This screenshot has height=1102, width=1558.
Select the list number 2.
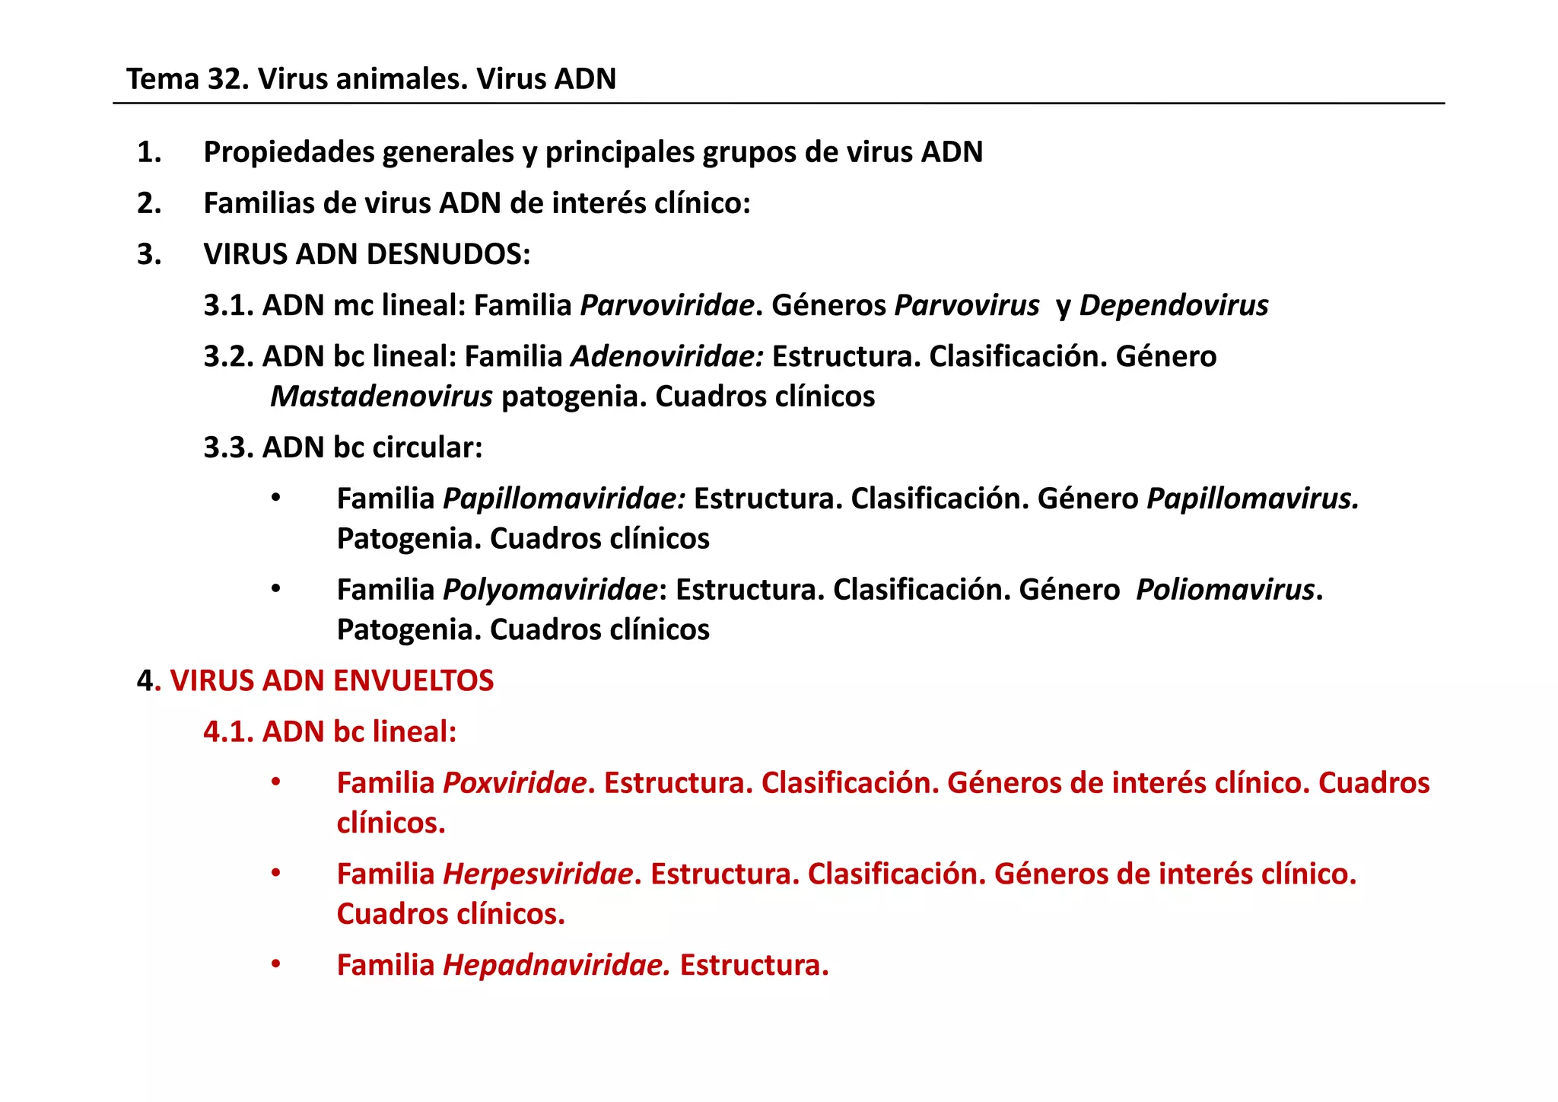pyautogui.click(x=148, y=204)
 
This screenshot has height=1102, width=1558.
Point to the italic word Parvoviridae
pyautogui.click(x=666, y=306)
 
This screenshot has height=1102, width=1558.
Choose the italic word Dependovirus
pyautogui.click(x=1173, y=306)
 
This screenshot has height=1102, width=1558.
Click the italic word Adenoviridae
pyautogui.click(x=666, y=357)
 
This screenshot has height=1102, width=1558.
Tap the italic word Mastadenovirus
pyautogui.click(x=381, y=397)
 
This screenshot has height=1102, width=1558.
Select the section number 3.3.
pyautogui.click(x=228, y=448)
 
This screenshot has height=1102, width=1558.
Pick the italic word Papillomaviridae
pyautogui.click(x=564, y=499)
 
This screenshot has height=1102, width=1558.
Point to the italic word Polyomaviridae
pyautogui.click(x=550, y=591)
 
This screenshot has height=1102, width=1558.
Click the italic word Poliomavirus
pyautogui.click(x=1225, y=591)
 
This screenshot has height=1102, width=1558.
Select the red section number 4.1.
pyautogui.click(x=228, y=732)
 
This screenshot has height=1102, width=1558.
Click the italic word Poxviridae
pyautogui.click(x=515, y=783)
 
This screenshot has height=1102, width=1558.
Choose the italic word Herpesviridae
pyautogui.click(x=538, y=874)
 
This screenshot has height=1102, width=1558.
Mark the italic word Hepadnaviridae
pyautogui.click(x=556, y=966)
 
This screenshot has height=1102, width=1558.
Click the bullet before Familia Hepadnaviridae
pyautogui.click(x=276, y=965)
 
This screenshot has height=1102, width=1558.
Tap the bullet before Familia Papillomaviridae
pyautogui.click(x=276, y=498)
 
